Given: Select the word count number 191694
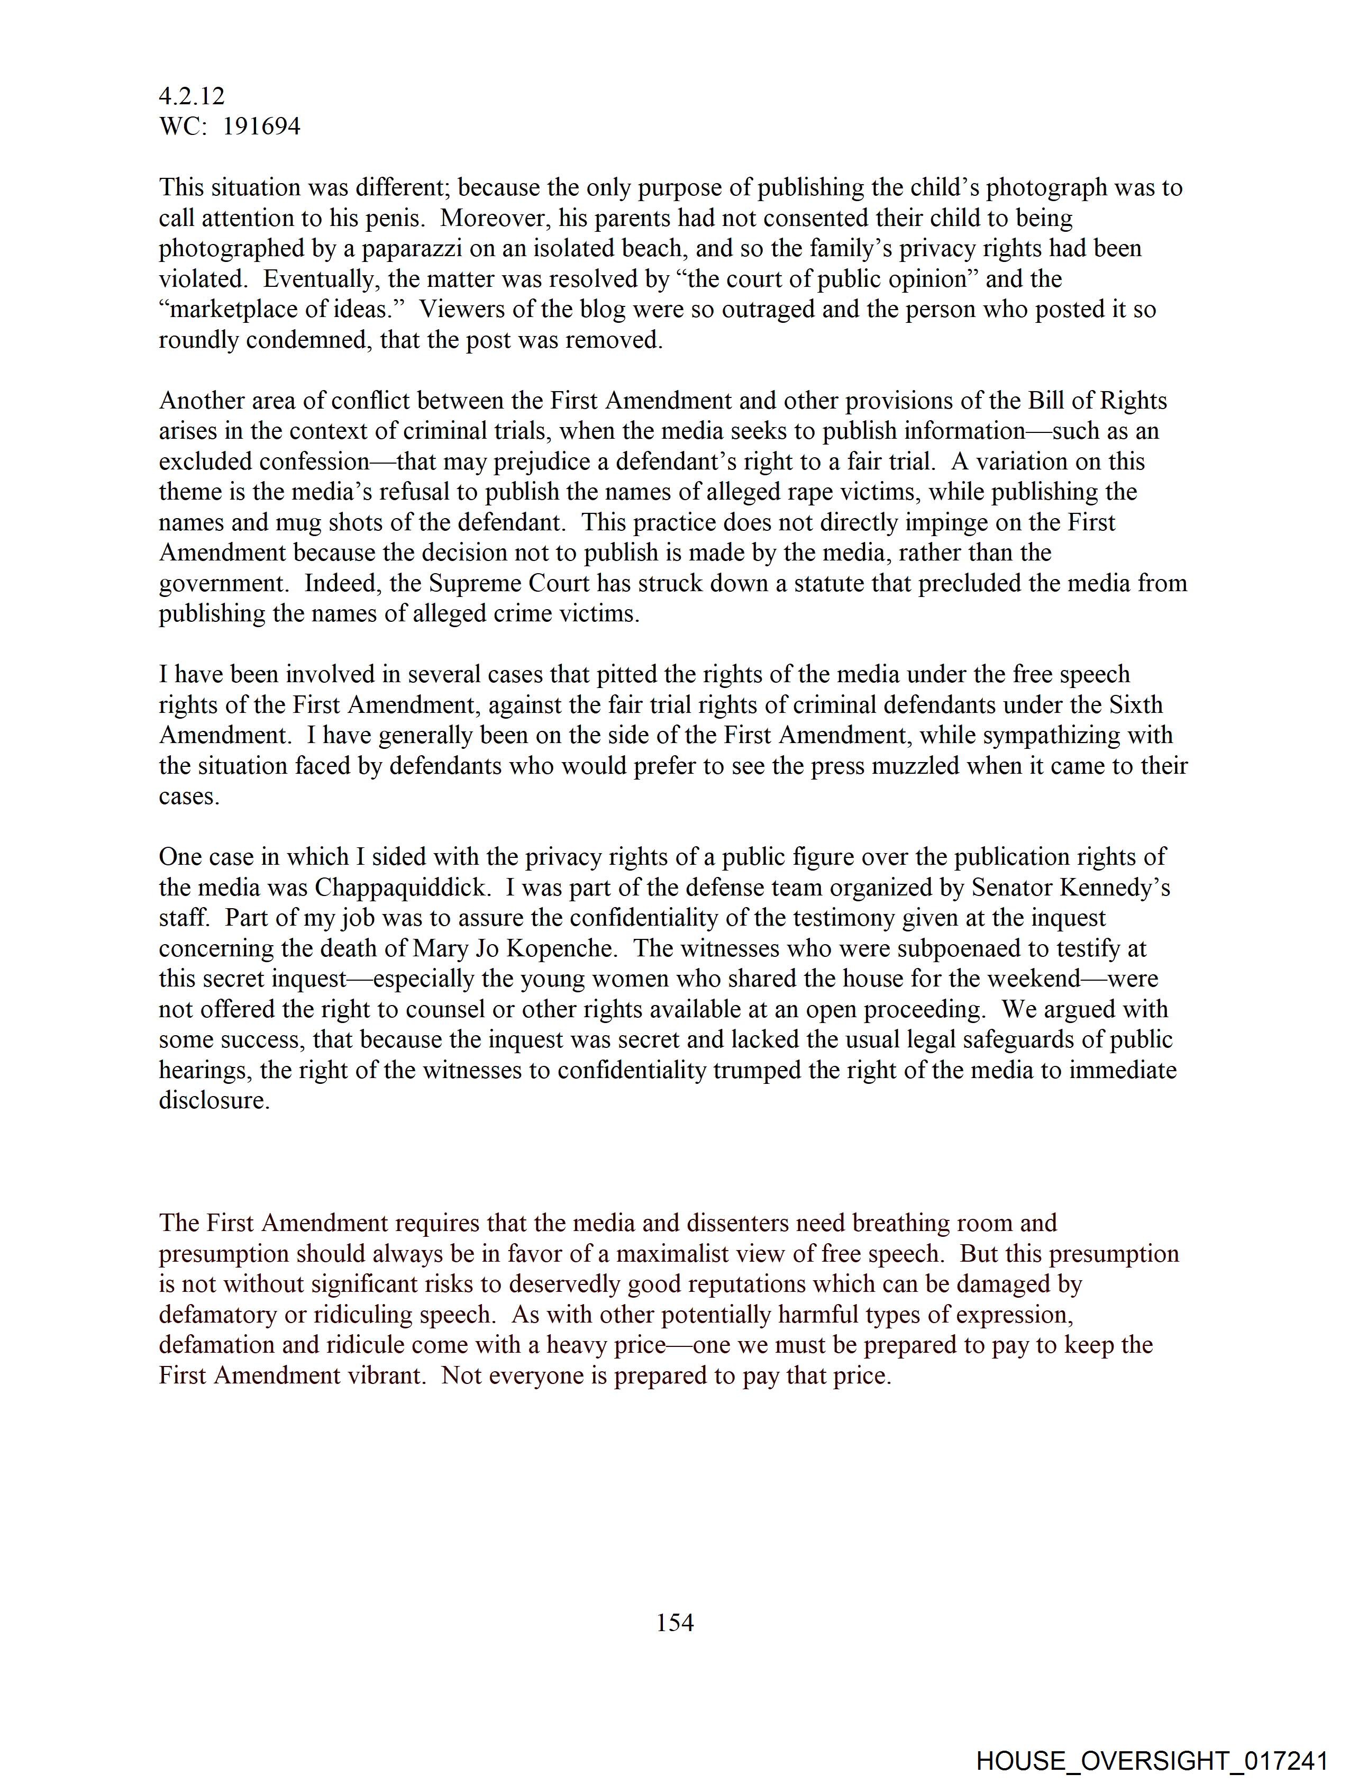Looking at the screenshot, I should pos(261,126).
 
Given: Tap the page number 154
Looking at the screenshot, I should pos(674,1622).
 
